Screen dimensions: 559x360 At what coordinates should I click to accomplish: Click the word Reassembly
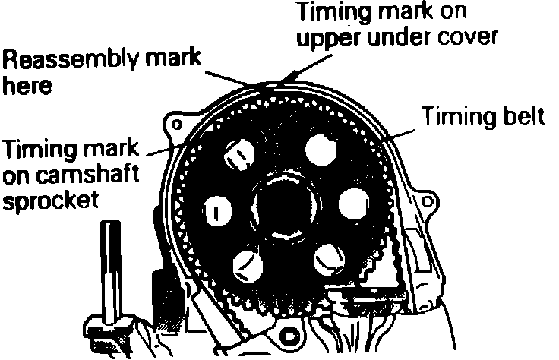(x=58, y=58)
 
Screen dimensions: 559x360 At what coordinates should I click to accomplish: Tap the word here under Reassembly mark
(x=27, y=86)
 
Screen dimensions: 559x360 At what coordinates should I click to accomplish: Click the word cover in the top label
(x=472, y=37)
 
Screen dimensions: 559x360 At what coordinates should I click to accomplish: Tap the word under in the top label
(x=400, y=37)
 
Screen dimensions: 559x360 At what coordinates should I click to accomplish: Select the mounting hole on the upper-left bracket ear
(x=177, y=122)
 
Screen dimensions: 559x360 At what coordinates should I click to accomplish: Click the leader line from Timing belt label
(x=403, y=130)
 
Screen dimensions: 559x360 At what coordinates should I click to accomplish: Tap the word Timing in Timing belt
(x=456, y=118)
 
